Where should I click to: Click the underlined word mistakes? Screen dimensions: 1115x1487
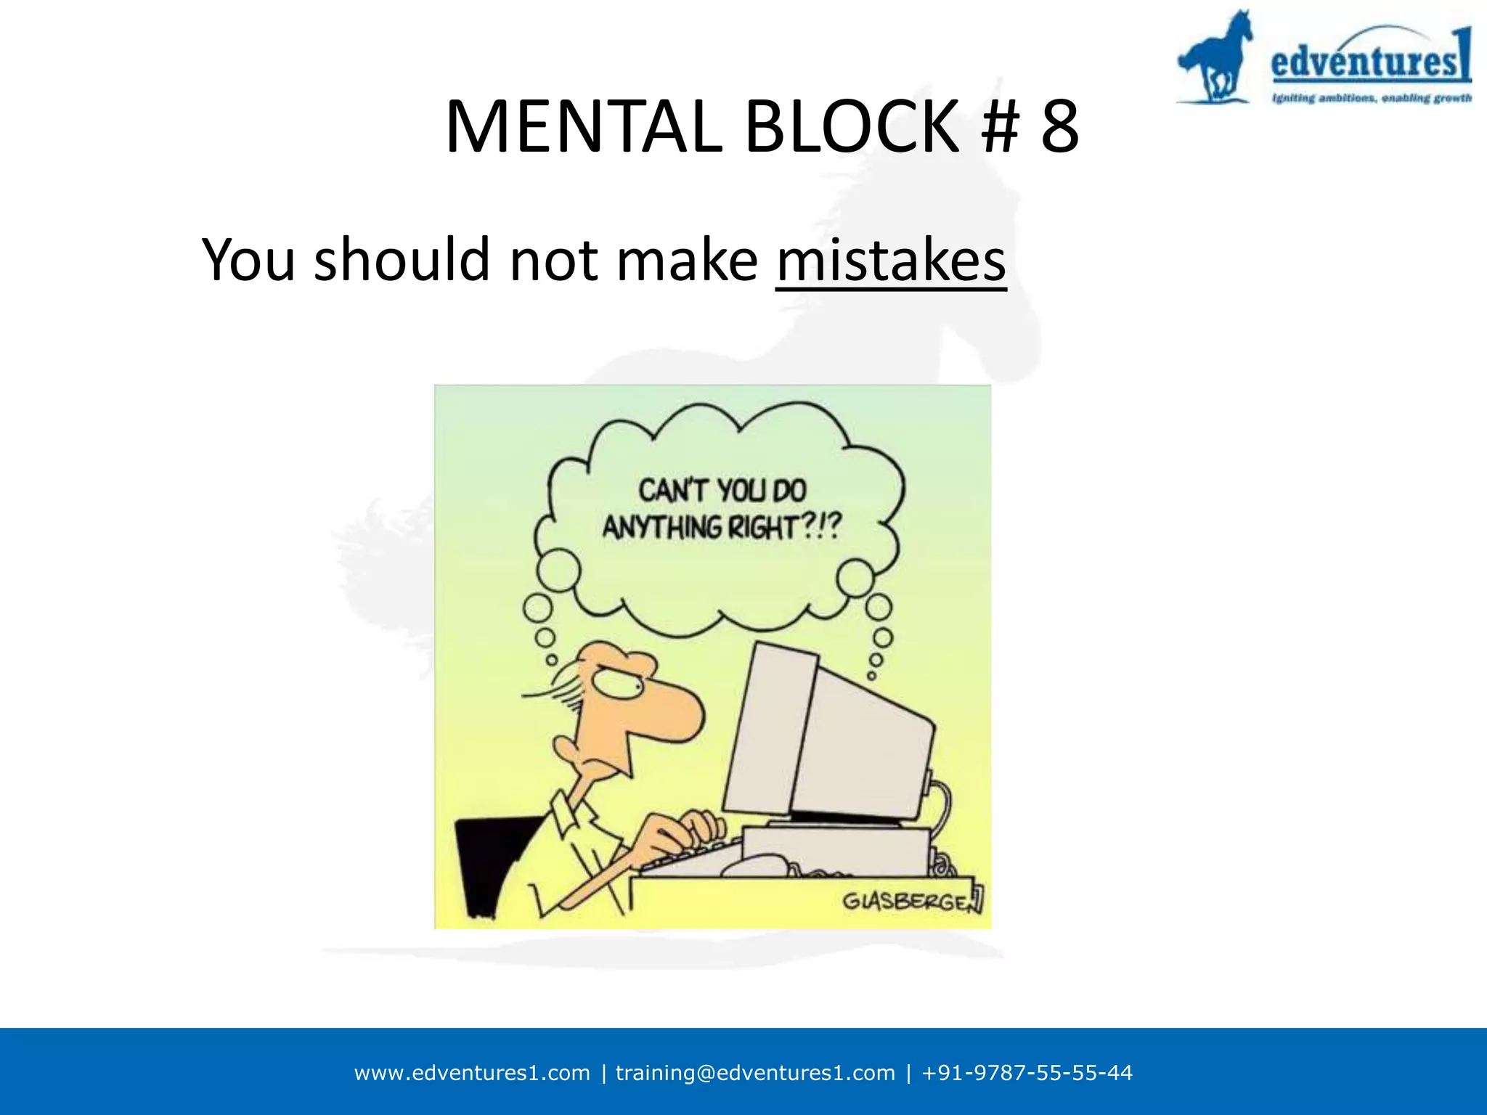coord(891,260)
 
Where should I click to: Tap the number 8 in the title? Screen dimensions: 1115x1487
coord(1059,127)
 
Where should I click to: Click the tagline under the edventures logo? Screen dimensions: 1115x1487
coord(1371,98)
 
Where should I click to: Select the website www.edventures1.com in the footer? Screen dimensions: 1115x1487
coord(472,1073)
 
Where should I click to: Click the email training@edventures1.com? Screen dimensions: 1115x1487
coord(755,1073)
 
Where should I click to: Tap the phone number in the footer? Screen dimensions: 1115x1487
coord(1027,1073)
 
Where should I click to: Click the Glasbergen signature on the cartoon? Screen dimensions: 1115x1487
coord(912,902)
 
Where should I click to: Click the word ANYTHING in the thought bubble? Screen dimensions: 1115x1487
coord(661,528)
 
